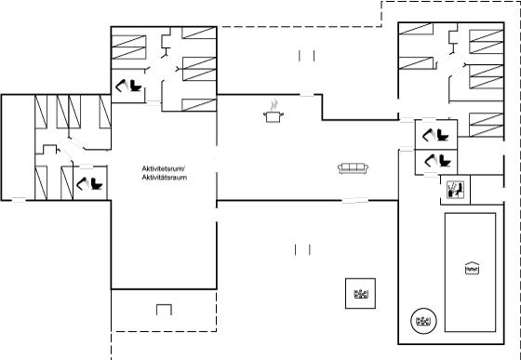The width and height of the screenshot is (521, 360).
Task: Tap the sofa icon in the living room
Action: [x=353, y=168]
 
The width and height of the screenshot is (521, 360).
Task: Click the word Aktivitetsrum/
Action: [x=163, y=168]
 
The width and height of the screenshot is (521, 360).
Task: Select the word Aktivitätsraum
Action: [x=165, y=178]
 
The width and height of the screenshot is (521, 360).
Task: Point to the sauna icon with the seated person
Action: [x=456, y=190]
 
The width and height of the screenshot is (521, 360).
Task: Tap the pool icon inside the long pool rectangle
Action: [x=473, y=268]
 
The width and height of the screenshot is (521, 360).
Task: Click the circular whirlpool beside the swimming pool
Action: [x=423, y=321]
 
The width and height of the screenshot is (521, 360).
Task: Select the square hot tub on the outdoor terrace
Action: [x=361, y=294]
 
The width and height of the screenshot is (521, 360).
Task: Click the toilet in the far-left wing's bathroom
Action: [x=97, y=184]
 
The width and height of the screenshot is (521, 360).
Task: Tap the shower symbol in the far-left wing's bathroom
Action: [x=83, y=183]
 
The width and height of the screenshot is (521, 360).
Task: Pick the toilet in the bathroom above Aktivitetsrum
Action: [x=136, y=86]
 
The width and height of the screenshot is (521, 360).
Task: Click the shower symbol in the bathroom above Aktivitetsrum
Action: [x=122, y=86]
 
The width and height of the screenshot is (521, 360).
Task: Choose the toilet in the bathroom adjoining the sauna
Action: [x=445, y=161]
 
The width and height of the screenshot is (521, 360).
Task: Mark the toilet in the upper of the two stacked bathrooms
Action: [x=443, y=135]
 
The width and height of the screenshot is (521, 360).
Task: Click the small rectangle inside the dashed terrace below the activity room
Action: [x=164, y=310]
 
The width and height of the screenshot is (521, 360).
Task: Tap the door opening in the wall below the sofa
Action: [x=355, y=201]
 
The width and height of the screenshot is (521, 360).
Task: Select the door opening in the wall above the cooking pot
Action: [x=307, y=95]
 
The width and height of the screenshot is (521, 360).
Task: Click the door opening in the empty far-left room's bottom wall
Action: [x=19, y=200]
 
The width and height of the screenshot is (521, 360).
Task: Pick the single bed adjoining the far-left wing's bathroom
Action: [x=67, y=183]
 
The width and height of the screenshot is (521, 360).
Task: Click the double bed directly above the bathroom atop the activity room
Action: [x=129, y=47]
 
